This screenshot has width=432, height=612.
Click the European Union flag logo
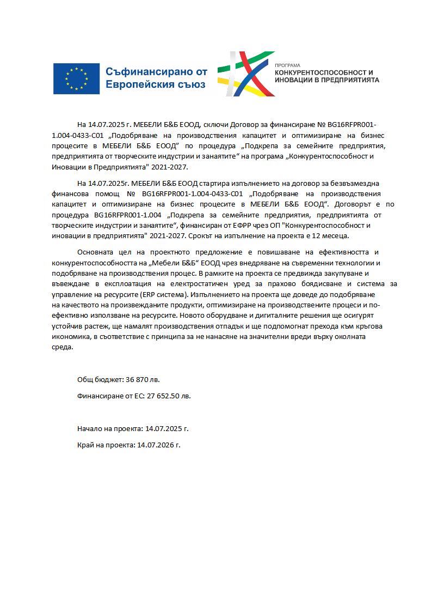click(76, 78)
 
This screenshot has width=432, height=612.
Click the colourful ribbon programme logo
click(246, 74)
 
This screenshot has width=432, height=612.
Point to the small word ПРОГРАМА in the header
click(287, 65)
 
